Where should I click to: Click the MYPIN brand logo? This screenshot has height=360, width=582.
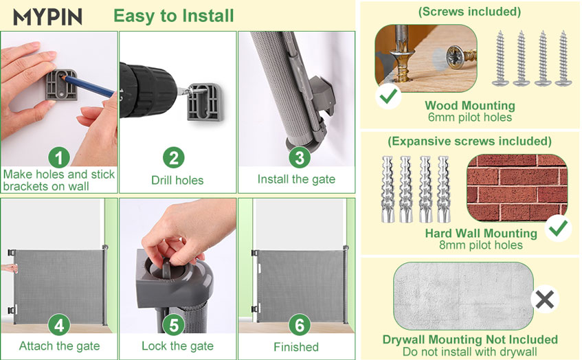47,16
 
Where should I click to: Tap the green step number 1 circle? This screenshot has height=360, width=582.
59,158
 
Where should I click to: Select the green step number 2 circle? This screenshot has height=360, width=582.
174,158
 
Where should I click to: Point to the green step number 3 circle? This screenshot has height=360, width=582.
300,157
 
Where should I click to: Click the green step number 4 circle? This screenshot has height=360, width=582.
59,325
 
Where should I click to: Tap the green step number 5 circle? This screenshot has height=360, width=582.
174,325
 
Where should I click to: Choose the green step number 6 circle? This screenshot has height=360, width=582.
300,325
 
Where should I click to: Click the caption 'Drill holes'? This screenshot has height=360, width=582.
177,181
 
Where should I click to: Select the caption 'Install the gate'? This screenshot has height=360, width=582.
296,179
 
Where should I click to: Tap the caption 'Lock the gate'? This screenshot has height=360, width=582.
177,346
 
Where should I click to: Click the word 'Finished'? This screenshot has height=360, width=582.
296,347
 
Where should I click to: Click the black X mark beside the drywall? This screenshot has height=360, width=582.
544,300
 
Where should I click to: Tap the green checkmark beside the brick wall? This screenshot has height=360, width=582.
558,228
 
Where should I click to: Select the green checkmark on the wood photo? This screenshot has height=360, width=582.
388,96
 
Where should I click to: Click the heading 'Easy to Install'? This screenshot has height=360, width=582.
174,16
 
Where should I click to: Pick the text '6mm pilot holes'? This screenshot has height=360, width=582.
470,117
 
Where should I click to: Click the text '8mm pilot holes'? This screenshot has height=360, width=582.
481,245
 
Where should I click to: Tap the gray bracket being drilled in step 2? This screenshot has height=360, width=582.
205,102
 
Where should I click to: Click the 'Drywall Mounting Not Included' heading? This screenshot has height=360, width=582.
470,339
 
